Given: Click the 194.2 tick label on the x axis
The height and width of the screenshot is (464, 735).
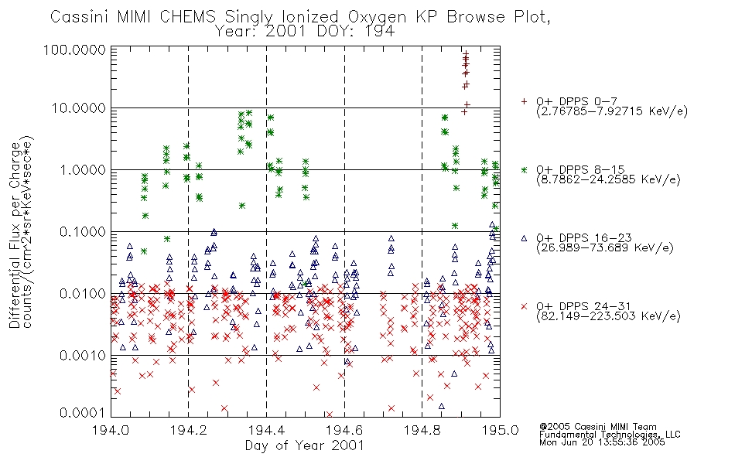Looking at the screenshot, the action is coord(189,430).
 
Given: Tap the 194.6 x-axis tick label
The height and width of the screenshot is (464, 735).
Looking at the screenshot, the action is coord(344,430).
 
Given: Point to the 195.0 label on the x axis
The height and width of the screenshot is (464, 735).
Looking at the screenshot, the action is coord(501,430).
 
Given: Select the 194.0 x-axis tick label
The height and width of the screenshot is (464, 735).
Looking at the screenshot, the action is coord(111,430).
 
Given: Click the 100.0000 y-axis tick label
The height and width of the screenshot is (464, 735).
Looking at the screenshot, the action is coord(74,49).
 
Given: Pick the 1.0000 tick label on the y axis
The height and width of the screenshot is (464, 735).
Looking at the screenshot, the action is coord(83,169).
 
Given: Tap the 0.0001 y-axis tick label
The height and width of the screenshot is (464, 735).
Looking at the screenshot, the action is coord(83,413).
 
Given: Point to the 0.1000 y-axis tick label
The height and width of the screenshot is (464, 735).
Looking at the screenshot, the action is coord(83,231).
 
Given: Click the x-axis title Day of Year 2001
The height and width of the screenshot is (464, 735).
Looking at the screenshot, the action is coord(305,445).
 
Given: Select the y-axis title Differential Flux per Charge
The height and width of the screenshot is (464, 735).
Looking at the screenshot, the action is coord(15,234).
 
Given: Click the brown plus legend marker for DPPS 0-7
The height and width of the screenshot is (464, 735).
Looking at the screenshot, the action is coord(524,101).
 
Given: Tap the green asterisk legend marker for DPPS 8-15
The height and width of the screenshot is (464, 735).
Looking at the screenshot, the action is coord(524,169).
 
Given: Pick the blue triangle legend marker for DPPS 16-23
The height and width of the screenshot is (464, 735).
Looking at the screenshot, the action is coord(524,238).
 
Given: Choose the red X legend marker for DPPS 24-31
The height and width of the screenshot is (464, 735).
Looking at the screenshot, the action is coord(524,306).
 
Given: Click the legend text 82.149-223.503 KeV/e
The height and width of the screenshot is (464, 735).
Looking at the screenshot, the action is coord(608,316).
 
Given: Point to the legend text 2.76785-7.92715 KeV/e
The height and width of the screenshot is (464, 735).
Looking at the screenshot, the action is coord(612,111).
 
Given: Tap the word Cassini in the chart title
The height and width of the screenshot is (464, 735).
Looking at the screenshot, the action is coord(80,17).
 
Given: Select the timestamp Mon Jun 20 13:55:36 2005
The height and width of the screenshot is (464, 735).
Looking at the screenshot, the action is coord(602,442).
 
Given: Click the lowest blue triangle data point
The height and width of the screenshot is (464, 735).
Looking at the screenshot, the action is coord(441,406).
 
